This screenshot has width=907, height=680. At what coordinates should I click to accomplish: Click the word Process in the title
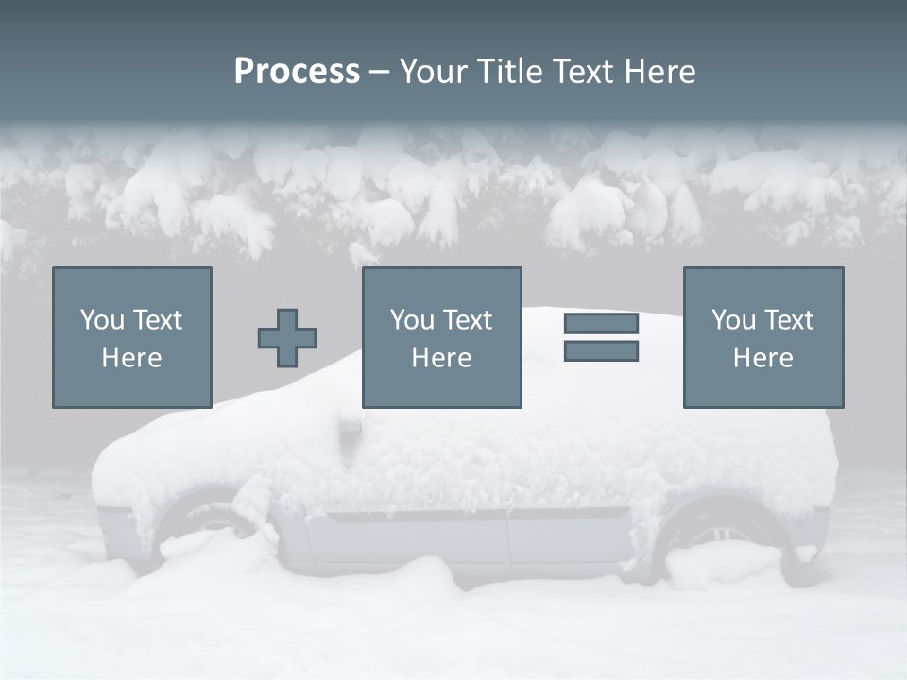pyautogui.click(x=297, y=72)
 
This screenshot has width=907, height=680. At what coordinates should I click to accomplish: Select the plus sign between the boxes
pyautogui.click(x=287, y=338)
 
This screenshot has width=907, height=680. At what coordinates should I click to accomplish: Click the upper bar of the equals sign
pyautogui.click(x=601, y=323)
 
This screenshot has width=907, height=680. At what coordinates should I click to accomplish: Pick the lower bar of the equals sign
pyautogui.click(x=601, y=351)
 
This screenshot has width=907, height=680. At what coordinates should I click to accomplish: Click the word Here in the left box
pyautogui.click(x=131, y=358)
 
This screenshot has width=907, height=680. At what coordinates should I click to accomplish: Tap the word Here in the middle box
pyautogui.click(x=441, y=358)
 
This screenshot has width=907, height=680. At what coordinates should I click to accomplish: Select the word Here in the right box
pyautogui.click(x=762, y=358)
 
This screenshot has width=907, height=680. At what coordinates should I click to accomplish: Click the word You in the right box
pyautogui.click(x=733, y=320)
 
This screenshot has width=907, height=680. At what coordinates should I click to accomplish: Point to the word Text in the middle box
pyautogui.click(x=467, y=320)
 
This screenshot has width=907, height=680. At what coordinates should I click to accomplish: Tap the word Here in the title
pyautogui.click(x=660, y=72)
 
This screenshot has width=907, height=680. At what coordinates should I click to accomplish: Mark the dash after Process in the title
pyautogui.click(x=380, y=74)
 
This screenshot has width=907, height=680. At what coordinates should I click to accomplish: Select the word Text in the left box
pyautogui.click(x=157, y=320)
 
